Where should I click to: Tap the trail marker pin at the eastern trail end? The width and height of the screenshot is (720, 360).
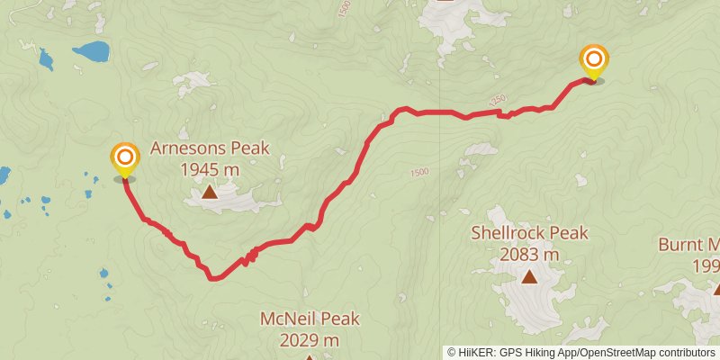[593, 61]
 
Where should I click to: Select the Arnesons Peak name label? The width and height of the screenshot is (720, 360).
[209, 148]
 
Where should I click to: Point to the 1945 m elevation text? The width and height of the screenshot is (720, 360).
[209, 168]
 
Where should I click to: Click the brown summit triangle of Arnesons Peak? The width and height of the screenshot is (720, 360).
[209, 191]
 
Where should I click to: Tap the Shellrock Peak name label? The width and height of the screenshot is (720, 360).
[529, 234]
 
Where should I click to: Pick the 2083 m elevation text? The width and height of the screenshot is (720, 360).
[529, 255]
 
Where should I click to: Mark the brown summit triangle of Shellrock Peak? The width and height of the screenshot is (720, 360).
[529, 277]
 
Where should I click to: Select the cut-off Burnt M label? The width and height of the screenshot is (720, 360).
[689, 244]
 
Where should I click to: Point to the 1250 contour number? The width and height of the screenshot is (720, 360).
[498, 99]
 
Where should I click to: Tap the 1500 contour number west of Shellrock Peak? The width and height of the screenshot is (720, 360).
[418, 172]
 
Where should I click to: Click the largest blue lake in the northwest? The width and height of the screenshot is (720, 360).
[90, 51]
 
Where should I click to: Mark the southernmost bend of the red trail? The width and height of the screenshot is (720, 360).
[213, 278]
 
